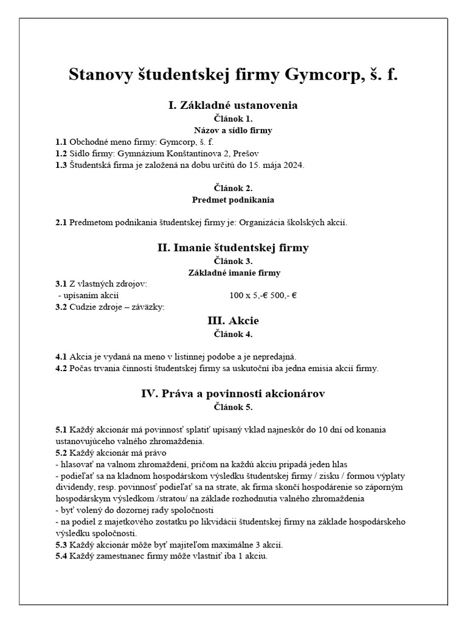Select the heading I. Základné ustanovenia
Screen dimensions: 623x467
coord(233,105)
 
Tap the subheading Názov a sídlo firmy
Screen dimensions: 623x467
coord(233,130)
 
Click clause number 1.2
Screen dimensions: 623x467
coord(61,153)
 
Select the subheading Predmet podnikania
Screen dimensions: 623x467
coord(233,200)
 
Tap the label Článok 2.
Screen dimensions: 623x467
coord(233,188)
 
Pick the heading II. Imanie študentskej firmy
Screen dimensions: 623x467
coord(233,248)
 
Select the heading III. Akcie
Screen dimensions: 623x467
coord(233,320)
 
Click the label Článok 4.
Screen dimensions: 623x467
coord(233,333)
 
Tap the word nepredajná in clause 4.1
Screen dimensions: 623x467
coord(274,357)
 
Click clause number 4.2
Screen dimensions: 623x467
coord(61,368)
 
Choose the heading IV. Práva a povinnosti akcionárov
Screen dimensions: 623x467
coord(233,394)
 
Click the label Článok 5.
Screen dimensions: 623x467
coord(233,406)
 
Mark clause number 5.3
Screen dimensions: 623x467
coord(61,545)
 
